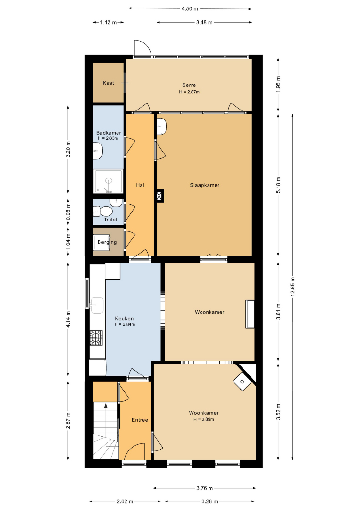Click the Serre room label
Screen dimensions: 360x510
[189, 85]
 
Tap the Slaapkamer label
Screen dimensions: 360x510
[205, 185]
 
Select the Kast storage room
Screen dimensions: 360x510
[108, 83]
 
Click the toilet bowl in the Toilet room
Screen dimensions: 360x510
[104, 212]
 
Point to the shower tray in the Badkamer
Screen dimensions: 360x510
[108, 181]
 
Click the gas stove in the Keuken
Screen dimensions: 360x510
[96, 338]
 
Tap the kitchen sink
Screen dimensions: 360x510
[97, 305]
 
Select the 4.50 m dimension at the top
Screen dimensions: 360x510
[190, 9]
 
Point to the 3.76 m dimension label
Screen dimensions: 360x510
[204, 488]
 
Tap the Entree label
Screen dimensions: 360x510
[140, 420]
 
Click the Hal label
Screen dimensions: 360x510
[140, 185]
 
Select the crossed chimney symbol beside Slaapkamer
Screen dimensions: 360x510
[160, 196]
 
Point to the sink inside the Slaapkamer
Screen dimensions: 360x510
[161, 126]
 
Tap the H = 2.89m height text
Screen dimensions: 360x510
[204, 419]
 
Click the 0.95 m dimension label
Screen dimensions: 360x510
[68, 212]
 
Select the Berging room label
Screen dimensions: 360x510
[107, 242]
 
